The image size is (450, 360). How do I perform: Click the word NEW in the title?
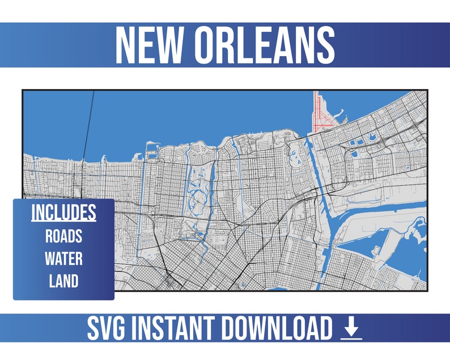(x=150, y=45)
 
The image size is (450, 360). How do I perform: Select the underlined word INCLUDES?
(x=63, y=212)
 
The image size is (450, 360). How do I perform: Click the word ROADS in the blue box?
(x=63, y=236)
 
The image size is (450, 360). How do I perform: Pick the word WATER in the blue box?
(x=63, y=259)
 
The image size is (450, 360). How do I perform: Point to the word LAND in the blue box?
(x=63, y=281)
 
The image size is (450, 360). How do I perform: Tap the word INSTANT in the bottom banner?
(x=175, y=329)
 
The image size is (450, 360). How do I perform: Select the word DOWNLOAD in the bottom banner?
(x=275, y=329)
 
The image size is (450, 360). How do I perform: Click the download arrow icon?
(x=351, y=327)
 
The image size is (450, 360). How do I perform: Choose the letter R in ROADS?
(x=49, y=236)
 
